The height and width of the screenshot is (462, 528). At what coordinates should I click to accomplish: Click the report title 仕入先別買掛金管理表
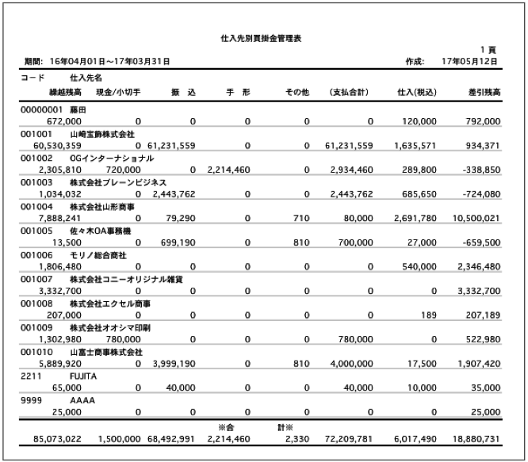click(264, 37)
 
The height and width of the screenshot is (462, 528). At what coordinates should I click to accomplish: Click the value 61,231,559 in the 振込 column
click(168, 146)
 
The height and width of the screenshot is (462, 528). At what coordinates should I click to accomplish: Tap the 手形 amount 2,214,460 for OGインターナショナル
click(228, 170)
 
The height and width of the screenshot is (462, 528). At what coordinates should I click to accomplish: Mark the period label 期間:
click(32, 61)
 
